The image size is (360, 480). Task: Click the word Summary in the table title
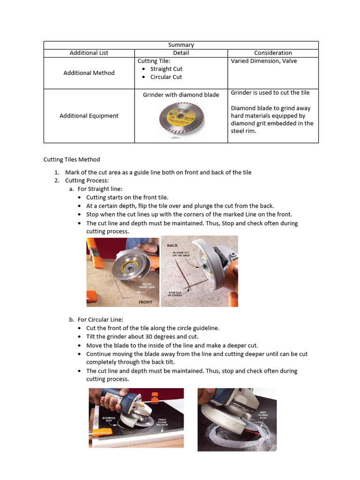(x=181, y=45)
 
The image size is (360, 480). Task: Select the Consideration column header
(x=273, y=53)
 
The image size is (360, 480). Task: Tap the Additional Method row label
(x=89, y=73)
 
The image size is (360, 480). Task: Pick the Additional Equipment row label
(x=89, y=116)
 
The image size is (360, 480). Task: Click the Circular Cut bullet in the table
(x=166, y=77)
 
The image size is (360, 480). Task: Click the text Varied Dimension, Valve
(x=264, y=61)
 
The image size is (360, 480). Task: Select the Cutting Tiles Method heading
(x=72, y=159)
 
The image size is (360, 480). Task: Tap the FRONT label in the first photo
(x=145, y=302)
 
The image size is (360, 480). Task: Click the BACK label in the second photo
(x=172, y=245)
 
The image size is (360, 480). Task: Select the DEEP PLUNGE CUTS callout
(x=264, y=415)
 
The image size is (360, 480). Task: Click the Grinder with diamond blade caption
(x=181, y=95)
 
